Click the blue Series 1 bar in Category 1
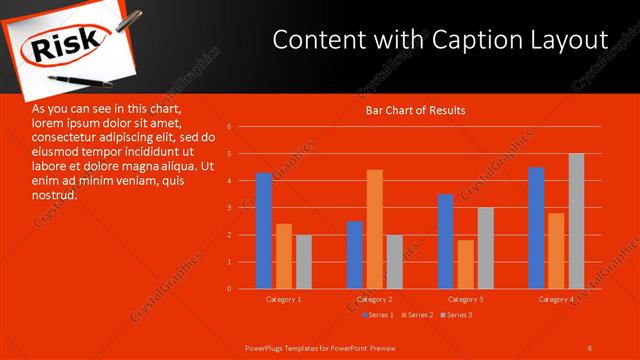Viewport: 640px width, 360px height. (x=263, y=231)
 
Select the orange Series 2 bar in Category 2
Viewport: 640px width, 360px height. (x=374, y=229)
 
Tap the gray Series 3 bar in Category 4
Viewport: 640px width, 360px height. (x=576, y=221)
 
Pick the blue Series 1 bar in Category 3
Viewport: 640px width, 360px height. (x=446, y=241)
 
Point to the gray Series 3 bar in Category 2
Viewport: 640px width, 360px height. (x=394, y=262)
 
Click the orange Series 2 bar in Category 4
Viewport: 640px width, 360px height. (x=556, y=250)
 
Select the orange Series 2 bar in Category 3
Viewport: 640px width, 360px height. (x=466, y=264)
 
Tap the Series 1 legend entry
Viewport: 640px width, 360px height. (x=378, y=315)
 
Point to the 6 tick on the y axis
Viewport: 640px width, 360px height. (x=230, y=127)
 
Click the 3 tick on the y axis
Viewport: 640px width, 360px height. (x=230, y=208)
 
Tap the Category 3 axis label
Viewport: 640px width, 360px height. (x=465, y=299)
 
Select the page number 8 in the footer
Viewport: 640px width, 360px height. (x=590, y=347)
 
